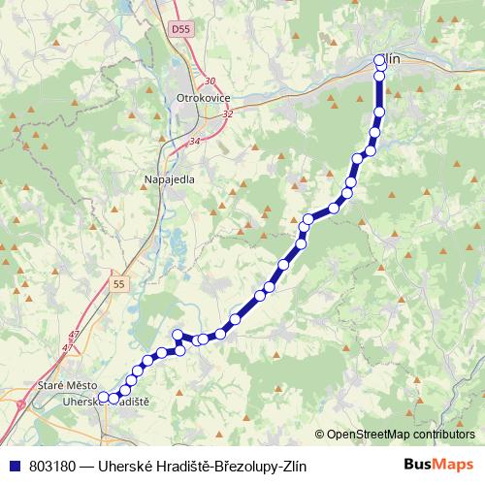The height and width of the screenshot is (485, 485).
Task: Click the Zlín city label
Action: coord(390,59)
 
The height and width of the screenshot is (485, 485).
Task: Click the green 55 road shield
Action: coord(118,283)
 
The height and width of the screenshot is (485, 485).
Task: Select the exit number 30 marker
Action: coord(210,81)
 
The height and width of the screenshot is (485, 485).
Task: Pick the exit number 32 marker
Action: coord(228,113)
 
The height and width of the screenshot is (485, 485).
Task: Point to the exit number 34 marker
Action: coord(194,142)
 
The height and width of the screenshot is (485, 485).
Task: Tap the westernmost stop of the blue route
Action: coord(103,397)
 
